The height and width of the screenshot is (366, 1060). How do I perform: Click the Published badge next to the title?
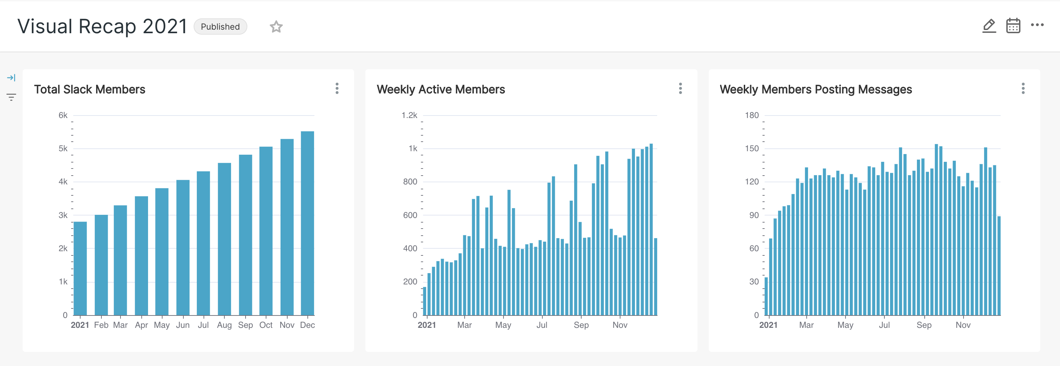(220, 27)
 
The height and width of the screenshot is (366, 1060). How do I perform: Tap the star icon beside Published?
(276, 27)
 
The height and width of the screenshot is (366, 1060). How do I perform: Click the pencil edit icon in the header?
(989, 26)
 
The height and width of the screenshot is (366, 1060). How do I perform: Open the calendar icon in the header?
(1013, 26)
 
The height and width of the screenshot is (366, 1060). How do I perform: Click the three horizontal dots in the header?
(1037, 25)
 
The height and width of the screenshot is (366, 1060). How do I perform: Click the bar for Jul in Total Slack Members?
(203, 243)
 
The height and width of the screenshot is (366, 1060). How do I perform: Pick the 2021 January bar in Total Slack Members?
(80, 268)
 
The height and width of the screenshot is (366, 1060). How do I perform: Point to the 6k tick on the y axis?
(63, 116)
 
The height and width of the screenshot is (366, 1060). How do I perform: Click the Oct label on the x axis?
(266, 325)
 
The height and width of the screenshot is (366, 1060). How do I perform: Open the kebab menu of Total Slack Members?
(337, 88)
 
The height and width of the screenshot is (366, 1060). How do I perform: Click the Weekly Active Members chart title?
(441, 89)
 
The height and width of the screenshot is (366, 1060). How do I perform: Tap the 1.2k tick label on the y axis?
(410, 116)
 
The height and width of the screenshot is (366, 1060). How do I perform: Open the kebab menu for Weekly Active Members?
(680, 88)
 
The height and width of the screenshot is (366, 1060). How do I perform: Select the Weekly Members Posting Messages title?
(815, 89)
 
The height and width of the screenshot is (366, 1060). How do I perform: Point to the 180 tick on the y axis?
(752, 116)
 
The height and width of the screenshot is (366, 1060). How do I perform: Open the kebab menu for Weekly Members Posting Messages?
(1023, 88)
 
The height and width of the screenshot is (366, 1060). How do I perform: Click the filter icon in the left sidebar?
(11, 97)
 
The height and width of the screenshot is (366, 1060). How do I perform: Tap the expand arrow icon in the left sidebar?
(11, 78)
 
